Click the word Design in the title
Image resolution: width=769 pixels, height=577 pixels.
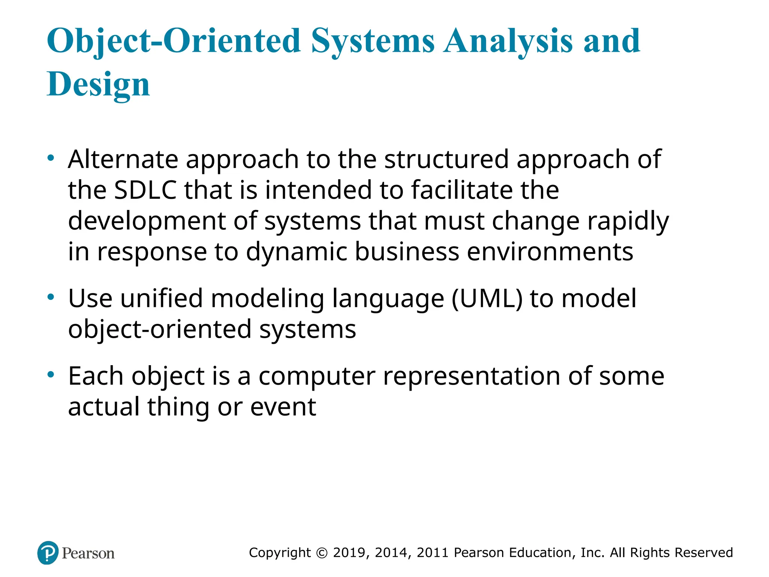(x=98, y=84)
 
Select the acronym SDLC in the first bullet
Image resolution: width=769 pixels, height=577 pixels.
(x=145, y=190)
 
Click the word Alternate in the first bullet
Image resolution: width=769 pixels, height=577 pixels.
(x=123, y=159)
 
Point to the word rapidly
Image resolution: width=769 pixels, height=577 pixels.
(x=628, y=221)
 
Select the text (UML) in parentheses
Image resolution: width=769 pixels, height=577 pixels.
(x=487, y=299)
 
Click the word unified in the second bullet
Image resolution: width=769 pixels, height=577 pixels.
(x=161, y=299)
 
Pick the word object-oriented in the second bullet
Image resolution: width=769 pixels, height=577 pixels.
(x=160, y=329)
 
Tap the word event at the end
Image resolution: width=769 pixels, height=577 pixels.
(x=283, y=407)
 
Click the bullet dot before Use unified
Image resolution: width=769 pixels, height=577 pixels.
(x=51, y=298)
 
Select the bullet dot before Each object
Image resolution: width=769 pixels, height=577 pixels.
(x=51, y=375)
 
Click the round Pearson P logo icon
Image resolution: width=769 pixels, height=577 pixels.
(x=48, y=553)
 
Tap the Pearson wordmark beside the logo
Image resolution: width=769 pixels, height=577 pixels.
(x=88, y=553)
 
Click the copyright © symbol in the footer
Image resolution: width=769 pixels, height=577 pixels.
(x=322, y=553)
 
